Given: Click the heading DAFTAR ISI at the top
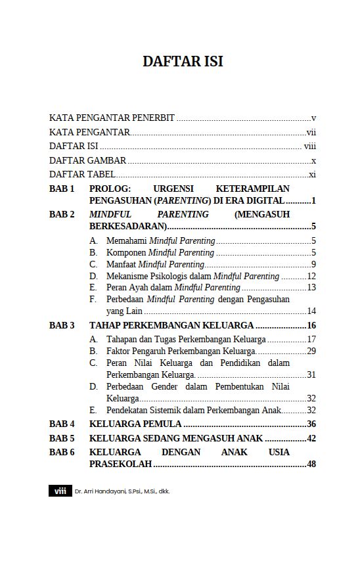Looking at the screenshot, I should pos(183,62).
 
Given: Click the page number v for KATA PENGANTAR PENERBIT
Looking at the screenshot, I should pos(314,118).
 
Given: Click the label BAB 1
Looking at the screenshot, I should pos(62,189).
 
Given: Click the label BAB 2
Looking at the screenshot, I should pos(62,214).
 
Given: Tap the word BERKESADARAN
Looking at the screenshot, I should pos(127,227).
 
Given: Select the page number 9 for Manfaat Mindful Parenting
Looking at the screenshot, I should pos(314,264).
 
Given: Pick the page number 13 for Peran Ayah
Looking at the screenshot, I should pos(311,288).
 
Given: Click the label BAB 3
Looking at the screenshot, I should pos(62,325).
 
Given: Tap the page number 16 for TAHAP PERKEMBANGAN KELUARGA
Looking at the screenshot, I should pos(311,325).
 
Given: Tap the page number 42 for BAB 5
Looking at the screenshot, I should pos(311,438).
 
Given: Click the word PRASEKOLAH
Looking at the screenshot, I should pos(120,464).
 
